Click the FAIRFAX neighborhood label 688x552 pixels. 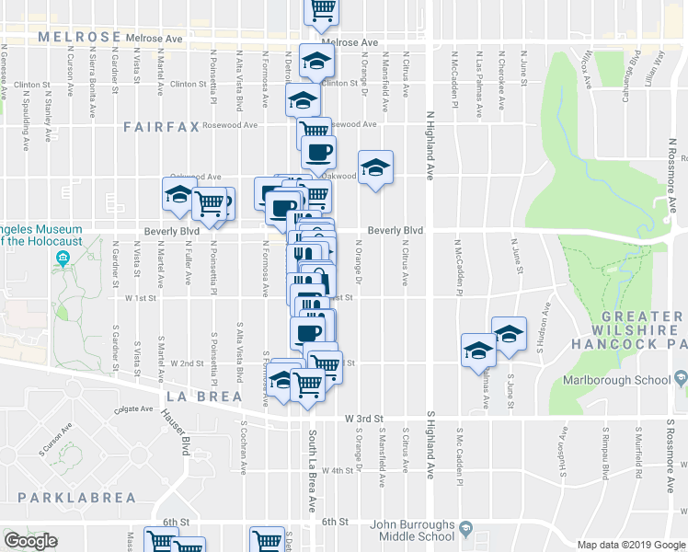coord(161,127)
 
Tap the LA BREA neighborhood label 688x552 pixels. coord(203,397)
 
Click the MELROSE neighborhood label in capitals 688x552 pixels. coord(80,37)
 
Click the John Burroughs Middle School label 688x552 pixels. coord(412,531)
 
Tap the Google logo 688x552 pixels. coord(30,541)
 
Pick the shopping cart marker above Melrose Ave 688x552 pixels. coord(322,9)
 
